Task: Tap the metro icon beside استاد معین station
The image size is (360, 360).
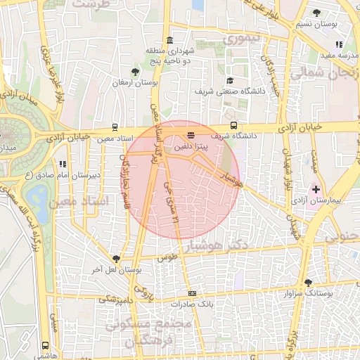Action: click(x=113, y=129)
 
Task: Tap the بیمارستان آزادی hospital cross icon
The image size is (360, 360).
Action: click(x=316, y=188)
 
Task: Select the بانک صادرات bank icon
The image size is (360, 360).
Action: click(x=192, y=293)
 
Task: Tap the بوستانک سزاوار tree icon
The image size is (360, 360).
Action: click(x=307, y=282)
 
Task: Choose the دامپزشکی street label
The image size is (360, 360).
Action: click(x=114, y=298)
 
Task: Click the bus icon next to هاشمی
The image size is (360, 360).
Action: click(x=46, y=345)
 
